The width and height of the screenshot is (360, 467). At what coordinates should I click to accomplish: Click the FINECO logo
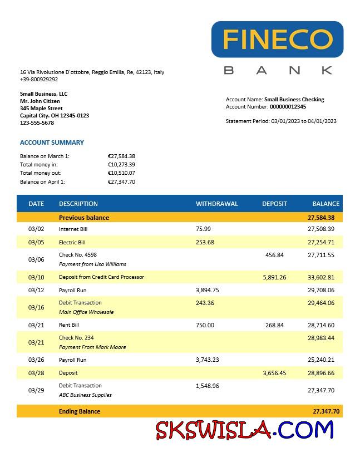tap(277, 39)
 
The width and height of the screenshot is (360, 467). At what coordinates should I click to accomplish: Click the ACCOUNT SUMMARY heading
tap(52, 142)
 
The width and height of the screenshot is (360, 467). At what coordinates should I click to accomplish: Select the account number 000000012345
tap(288, 107)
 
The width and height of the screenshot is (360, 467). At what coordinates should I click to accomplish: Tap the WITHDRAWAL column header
tap(216, 204)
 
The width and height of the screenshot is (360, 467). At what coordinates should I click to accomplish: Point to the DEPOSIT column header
tap(274, 204)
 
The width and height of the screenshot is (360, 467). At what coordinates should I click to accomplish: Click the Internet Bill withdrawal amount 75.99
tap(204, 229)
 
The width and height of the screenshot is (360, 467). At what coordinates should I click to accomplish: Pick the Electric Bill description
tap(72, 243)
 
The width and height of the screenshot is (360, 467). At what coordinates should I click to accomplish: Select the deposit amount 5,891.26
tap(274, 277)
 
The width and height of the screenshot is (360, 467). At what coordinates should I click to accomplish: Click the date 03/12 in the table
tap(36, 290)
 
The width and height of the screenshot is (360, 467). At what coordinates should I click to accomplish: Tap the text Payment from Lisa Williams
tap(92, 264)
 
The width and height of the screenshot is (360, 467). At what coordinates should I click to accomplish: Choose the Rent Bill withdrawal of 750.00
tap(205, 325)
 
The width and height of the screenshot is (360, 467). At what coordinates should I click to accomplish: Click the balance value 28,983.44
tap(321, 338)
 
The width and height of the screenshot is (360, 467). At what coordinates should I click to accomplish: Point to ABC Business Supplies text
tap(85, 395)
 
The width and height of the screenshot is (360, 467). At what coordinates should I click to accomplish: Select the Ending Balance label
tap(80, 411)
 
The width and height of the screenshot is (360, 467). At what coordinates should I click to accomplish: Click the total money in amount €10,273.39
tap(121, 165)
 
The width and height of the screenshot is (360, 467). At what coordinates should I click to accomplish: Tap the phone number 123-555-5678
tap(37, 123)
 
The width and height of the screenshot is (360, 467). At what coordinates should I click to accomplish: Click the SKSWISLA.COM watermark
tap(244, 430)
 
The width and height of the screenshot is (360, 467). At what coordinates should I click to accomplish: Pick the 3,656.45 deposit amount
tap(274, 373)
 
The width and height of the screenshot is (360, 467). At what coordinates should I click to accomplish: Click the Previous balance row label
tap(84, 218)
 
